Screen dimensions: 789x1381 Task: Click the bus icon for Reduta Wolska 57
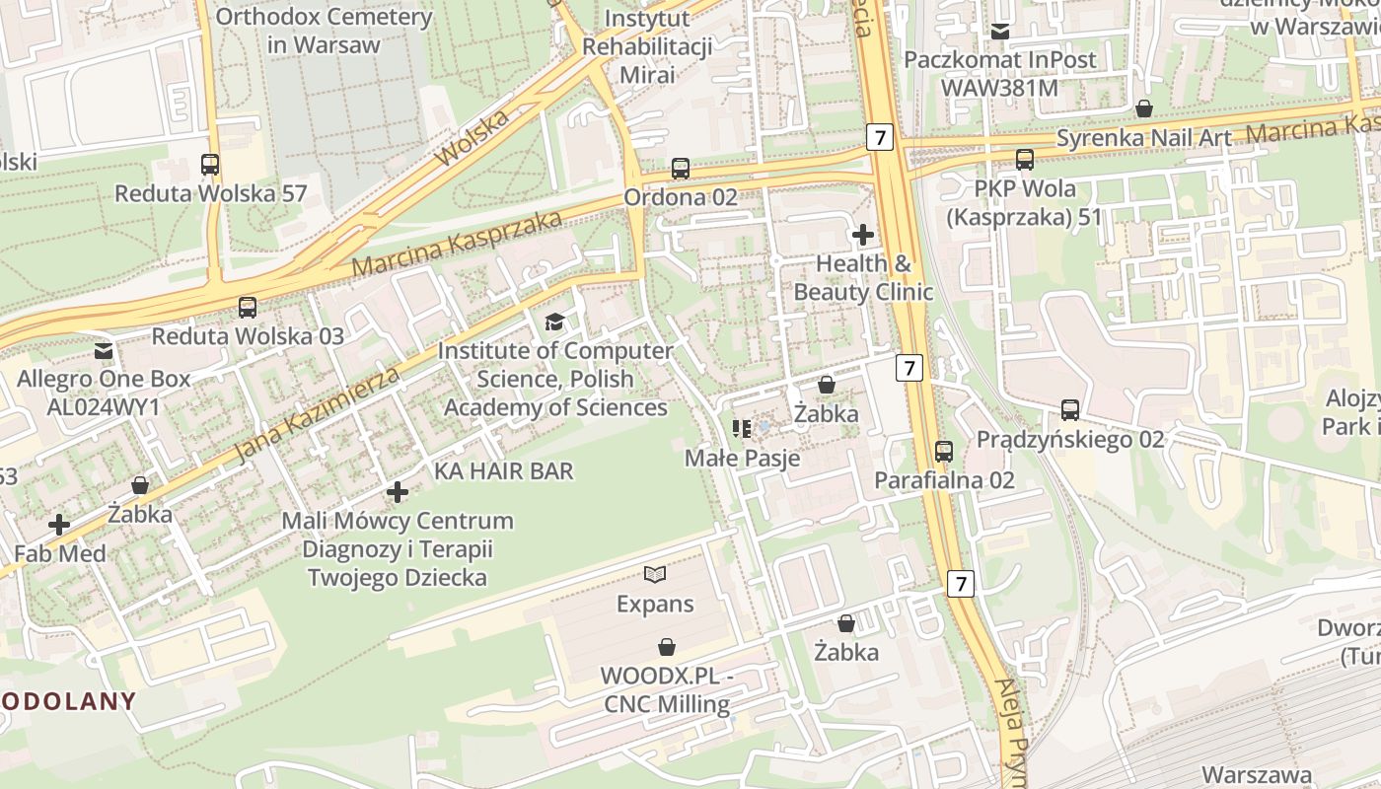[210, 165]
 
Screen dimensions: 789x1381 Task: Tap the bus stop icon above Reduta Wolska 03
[248, 308]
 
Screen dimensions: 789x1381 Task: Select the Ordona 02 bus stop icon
[681, 169]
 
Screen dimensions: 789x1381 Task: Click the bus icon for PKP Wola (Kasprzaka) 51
[1025, 160]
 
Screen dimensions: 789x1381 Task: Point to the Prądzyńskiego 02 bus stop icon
[1070, 410]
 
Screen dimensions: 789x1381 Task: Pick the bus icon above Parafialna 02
[944, 452]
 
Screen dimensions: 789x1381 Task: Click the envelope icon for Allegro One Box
[104, 350]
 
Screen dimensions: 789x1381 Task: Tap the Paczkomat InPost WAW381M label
[1000, 74]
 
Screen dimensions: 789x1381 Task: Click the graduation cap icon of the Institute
[555, 322]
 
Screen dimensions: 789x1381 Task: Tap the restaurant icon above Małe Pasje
[742, 429]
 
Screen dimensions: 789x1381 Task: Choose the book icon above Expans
[655, 574]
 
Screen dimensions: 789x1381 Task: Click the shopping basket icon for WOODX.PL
[667, 647]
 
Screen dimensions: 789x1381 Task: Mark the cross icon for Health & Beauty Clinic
[863, 235]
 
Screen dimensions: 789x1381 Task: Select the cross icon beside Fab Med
[59, 525]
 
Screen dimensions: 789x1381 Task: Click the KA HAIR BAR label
[503, 471]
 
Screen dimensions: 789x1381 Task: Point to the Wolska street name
[472, 139]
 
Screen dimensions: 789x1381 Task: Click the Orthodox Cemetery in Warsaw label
[324, 31]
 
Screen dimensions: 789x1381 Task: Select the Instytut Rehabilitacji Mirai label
[647, 46]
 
